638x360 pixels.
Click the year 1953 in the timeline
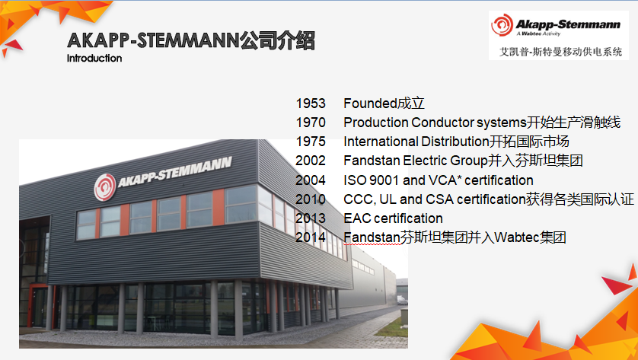[x=311, y=104]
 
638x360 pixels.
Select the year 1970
[x=311, y=123]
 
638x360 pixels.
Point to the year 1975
[x=311, y=142]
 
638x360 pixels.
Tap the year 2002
[x=311, y=161]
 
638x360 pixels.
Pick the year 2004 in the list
[x=311, y=180]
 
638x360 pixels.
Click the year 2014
[x=311, y=237]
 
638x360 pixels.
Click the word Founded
[x=370, y=104]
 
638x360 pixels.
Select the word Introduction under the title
[x=94, y=58]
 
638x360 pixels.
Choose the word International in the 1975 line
[x=381, y=142]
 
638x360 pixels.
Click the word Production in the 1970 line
[x=375, y=123]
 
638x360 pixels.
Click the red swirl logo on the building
[x=105, y=187]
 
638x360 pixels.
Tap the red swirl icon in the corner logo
[x=502, y=25]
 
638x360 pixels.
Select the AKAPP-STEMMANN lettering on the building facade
[x=175, y=172]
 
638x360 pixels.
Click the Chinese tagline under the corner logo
[x=560, y=52]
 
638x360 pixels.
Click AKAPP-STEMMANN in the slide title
[x=153, y=40]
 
